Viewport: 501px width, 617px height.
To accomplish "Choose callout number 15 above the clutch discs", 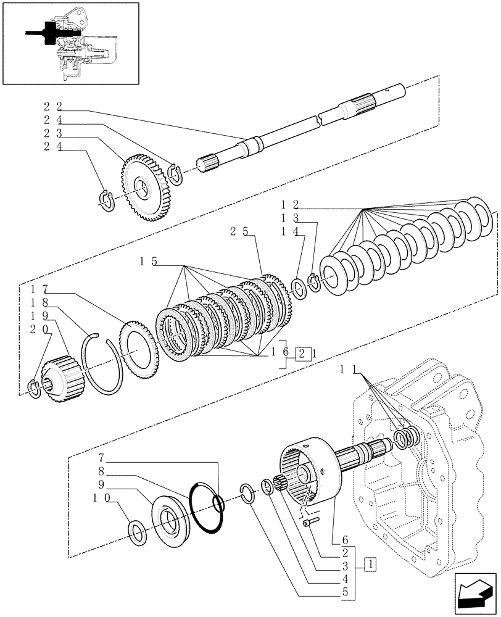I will pos(148,262).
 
